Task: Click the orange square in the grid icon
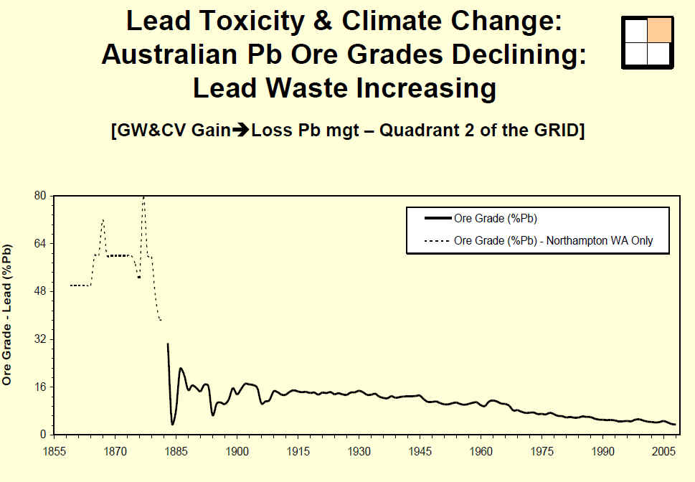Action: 659,30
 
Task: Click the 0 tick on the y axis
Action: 42,435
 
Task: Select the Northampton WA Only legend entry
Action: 553,241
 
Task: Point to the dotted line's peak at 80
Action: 143,197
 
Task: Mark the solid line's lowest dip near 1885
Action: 172,425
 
